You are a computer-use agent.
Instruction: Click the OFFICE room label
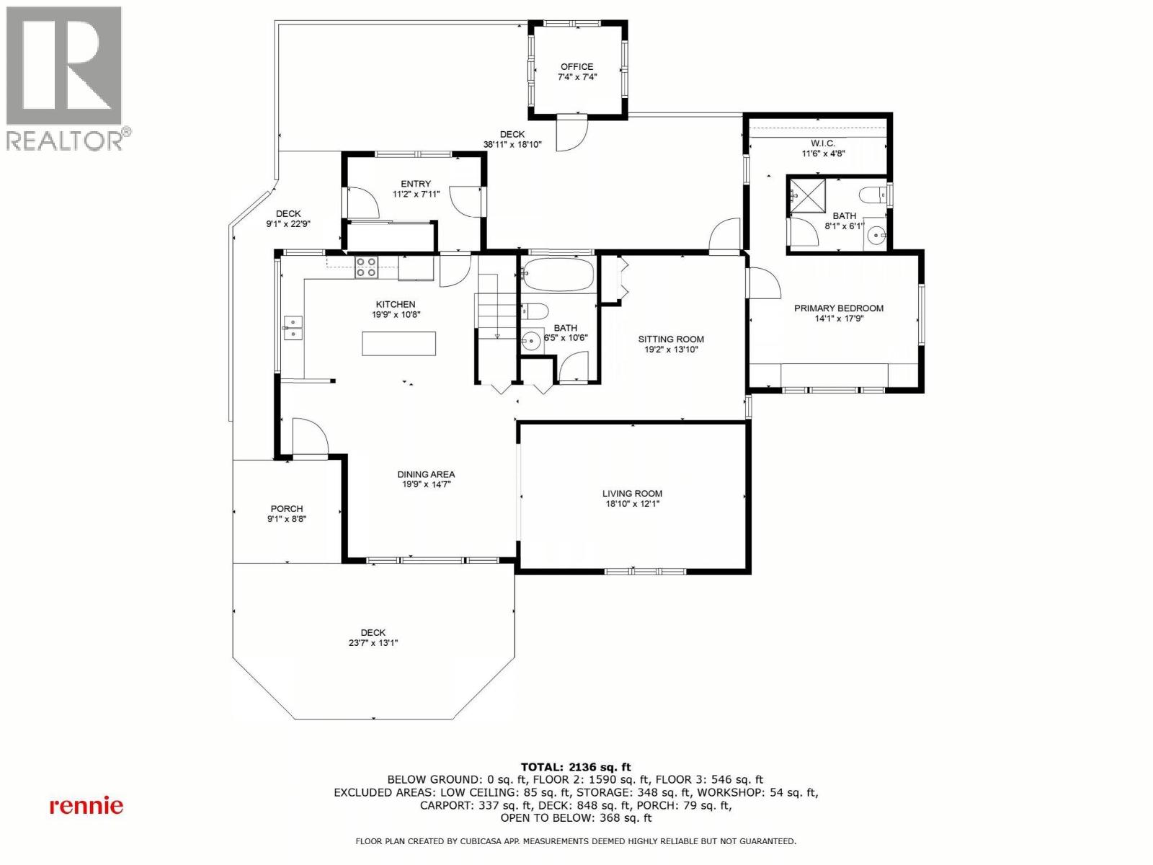pos(576,67)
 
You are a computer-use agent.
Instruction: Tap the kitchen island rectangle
pos(399,343)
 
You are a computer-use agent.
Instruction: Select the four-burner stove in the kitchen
pos(366,267)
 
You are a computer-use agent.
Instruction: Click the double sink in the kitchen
pos(293,328)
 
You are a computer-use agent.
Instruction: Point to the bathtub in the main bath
pos(558,275)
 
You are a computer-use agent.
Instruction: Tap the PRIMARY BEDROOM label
pos(839,309)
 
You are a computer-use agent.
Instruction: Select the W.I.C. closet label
pos(823,143)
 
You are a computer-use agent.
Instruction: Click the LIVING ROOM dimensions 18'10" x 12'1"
pos(632,504)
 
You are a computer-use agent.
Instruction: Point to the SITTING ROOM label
pos(671,339)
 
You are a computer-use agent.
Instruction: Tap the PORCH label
pos(287,509)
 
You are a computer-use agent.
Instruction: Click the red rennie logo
pos(86,806)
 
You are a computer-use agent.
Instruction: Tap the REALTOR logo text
pos(65,140)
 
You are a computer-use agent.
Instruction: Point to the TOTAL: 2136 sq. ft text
pos(576,767)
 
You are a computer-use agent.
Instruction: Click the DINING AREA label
pos(426,474)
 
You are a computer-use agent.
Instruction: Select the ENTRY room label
pos(416,185)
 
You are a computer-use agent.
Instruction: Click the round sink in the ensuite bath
pos(876,234)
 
